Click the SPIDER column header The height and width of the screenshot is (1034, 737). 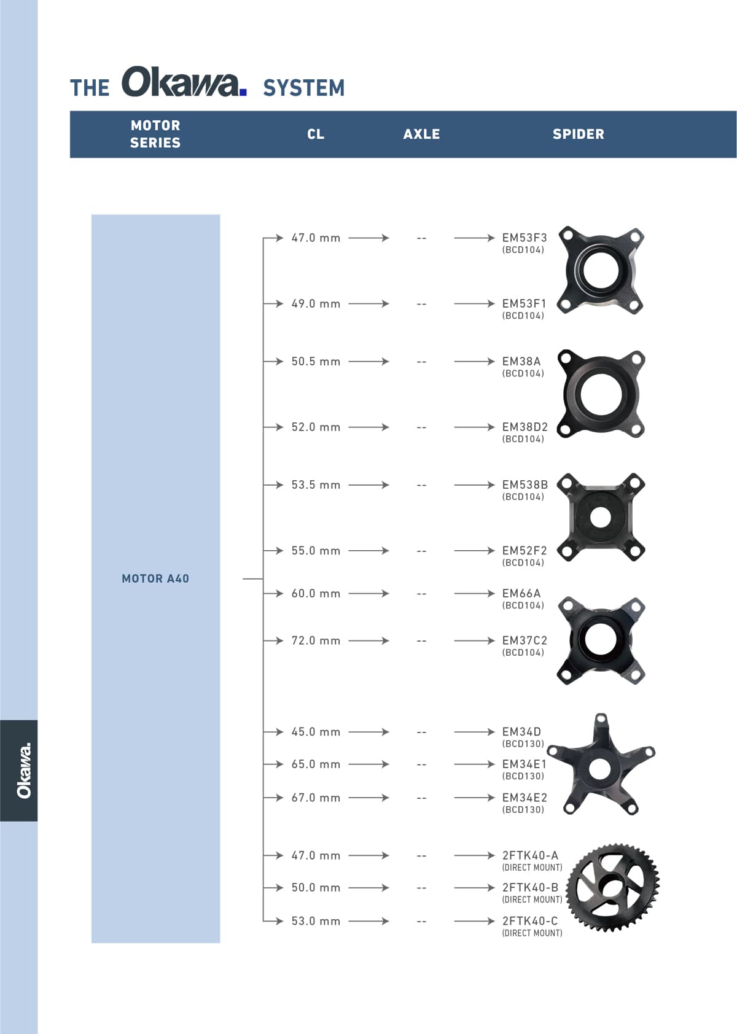click(x=578, y=134)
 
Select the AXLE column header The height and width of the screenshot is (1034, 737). click(x=421, y=134)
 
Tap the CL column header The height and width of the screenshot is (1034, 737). click(x=316, y=134)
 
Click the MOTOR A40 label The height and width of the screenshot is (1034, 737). click(x=155, y=578)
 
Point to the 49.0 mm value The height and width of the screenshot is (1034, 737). click(x=316, y=304)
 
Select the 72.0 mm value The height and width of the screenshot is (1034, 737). click(x=316, y=640)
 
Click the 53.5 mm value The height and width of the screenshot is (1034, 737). click(x=316, y=484)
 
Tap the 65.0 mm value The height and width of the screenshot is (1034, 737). click(x=316, y=764)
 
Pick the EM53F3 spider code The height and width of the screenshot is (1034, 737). click(x=524, y=238)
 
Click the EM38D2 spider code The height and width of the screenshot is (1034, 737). click(x=524, y=427)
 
